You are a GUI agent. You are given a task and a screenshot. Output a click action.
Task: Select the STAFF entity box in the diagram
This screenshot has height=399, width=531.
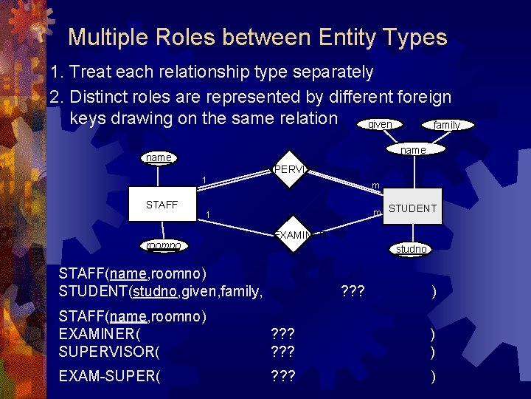tap(162, 205)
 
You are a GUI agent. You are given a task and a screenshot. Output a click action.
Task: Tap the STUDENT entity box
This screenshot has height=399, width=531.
tap(412, 208)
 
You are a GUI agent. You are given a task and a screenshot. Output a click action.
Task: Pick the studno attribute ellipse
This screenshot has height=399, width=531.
tap(411, 250)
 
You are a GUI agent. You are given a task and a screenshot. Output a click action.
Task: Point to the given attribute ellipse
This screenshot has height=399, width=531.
tap(380, 124)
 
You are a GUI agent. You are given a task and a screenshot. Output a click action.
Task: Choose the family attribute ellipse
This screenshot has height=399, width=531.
tap(446, 125)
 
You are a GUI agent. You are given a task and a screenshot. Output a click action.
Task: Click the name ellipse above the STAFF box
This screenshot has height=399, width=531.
tap(159, 157)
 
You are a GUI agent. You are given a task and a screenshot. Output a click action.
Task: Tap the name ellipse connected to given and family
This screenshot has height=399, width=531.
tap(412, 150)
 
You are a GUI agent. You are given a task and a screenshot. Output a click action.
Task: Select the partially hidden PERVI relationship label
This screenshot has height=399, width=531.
tap(288, 169)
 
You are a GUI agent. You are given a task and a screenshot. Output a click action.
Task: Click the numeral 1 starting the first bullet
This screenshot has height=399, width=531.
tap(53, 72)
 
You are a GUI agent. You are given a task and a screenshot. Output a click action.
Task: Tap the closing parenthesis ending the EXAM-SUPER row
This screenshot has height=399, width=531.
tap(434, 377)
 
